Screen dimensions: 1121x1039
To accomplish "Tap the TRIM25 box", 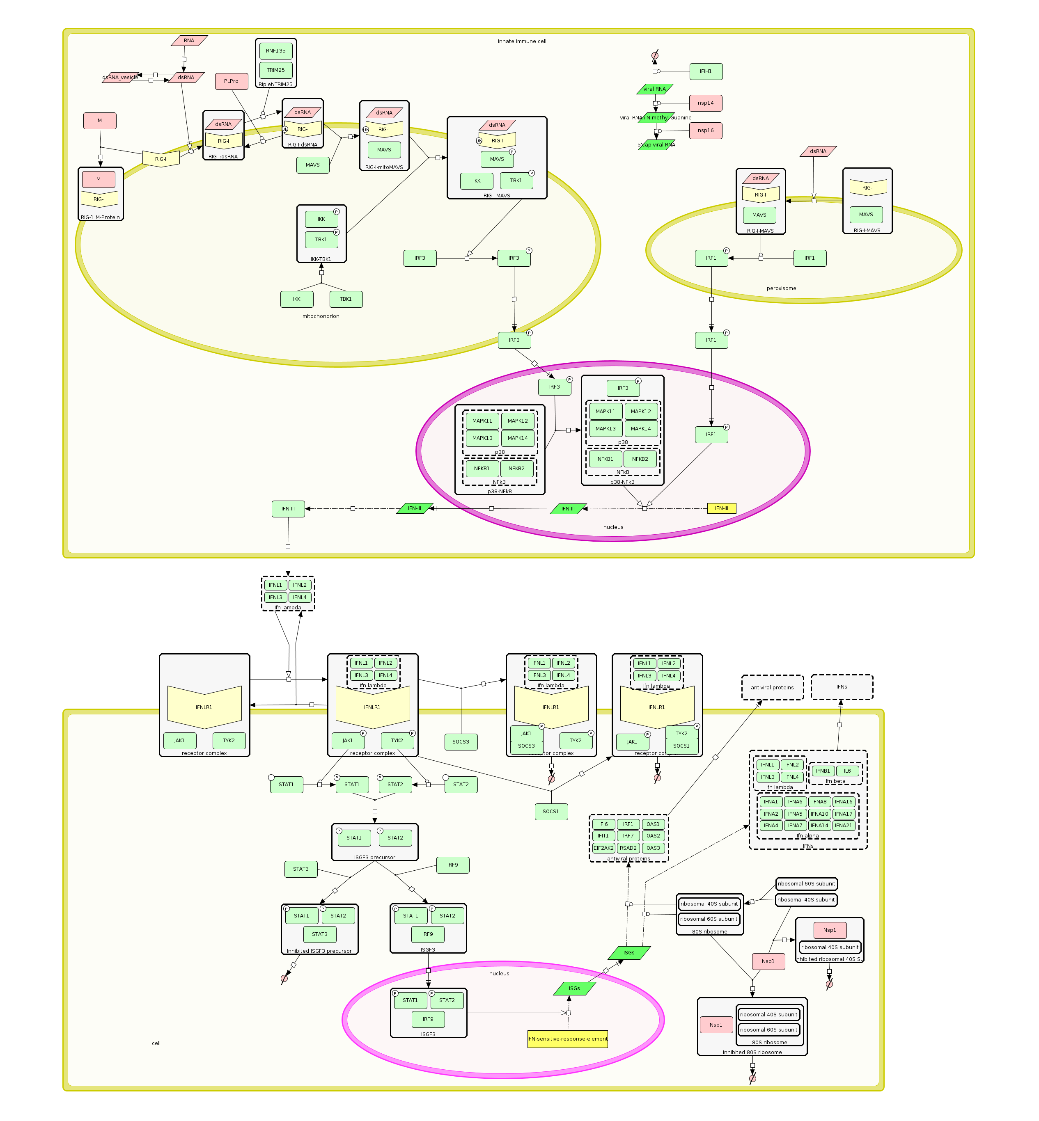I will coord(275,70).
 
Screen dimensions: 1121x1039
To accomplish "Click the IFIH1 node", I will coord(706,72).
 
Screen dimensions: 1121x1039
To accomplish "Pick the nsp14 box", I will coord(706,103).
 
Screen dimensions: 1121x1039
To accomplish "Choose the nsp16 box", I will coord(706,131).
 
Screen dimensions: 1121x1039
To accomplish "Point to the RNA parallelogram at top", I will coord(189,41).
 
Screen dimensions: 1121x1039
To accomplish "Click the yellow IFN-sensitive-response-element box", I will coord(567,1039).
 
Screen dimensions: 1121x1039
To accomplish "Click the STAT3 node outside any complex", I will coord(301,869).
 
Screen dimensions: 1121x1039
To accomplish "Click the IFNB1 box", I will coord(823,771).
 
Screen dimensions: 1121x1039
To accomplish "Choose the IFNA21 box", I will coord(843,826).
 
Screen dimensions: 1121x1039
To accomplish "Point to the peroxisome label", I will coord(781,289).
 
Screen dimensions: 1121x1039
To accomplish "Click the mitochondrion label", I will coord(321,316).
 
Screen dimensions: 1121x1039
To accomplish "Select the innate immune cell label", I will coord(521,41).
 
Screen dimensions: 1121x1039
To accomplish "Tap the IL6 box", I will coord(847,771).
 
